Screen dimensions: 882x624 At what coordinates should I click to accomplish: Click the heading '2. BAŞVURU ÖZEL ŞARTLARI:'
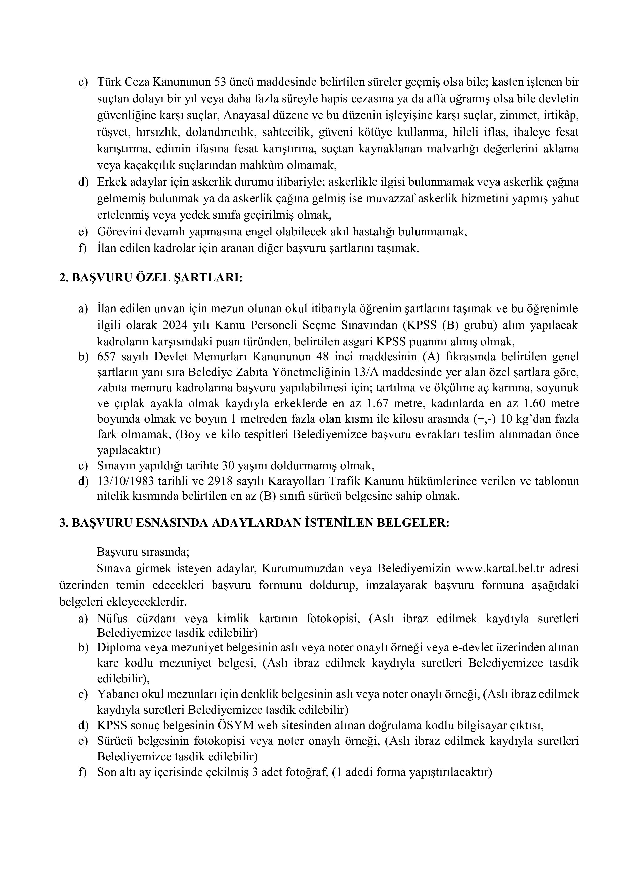(151, 278)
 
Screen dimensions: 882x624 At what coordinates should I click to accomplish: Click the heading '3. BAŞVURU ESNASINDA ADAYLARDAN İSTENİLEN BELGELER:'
(254, 523)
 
